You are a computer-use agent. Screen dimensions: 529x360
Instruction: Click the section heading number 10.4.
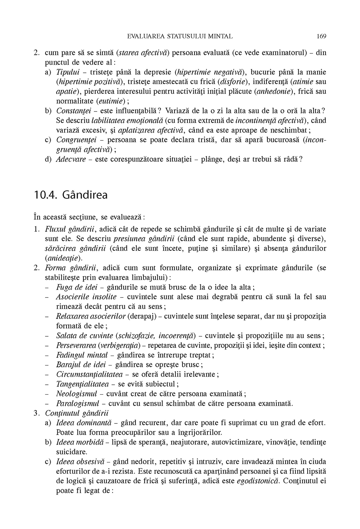pos(46,195)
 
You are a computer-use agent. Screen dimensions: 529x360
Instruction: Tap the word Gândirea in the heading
pos(85,195)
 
